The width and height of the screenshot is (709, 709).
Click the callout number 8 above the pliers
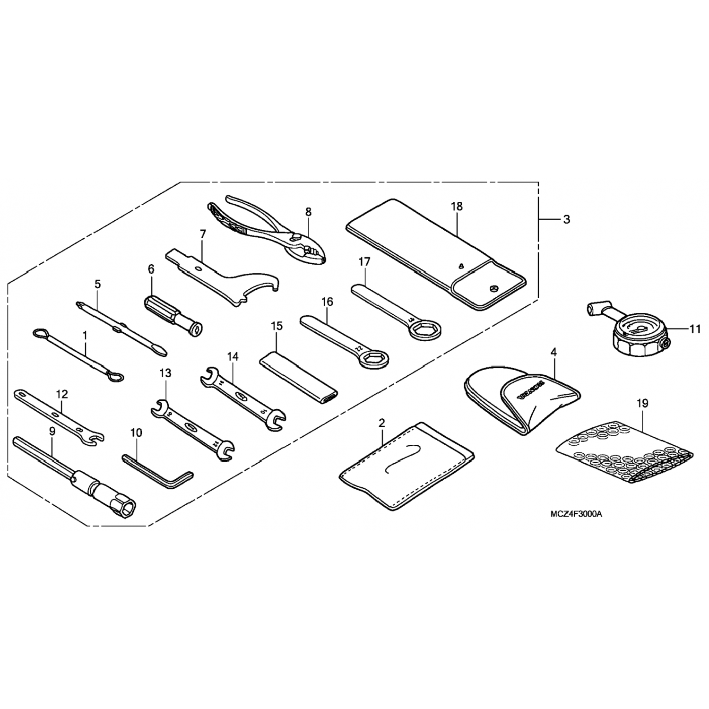click(x=308, y=212)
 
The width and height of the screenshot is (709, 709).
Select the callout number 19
click(x=642, y=404)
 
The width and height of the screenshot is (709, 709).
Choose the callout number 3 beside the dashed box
click(x=566, y=220)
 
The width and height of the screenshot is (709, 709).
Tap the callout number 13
click(x=165, y=373)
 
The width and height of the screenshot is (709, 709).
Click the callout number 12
click(x=62, y=394)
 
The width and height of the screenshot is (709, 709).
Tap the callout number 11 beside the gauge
click(x=694, y=329)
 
